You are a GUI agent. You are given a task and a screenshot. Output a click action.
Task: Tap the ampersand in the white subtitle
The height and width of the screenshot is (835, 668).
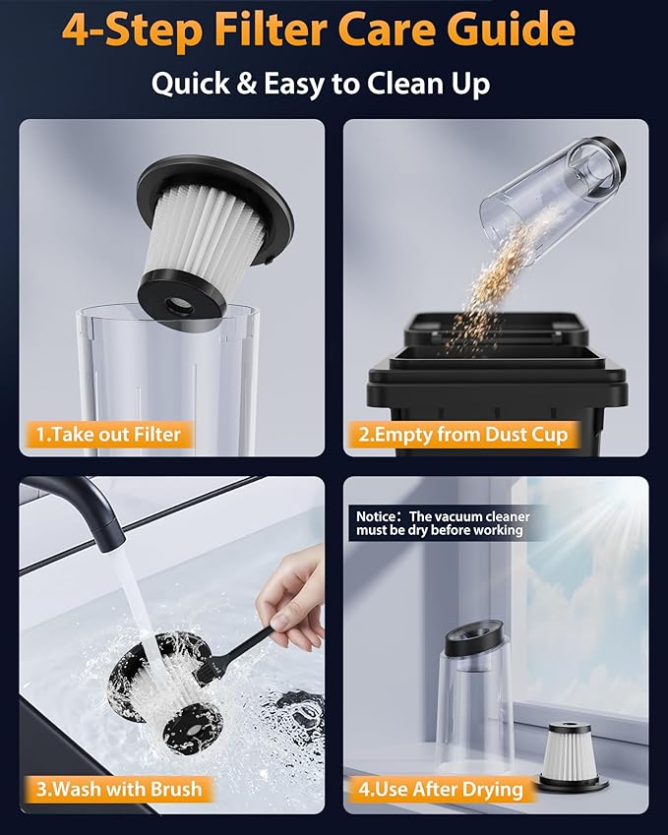245,84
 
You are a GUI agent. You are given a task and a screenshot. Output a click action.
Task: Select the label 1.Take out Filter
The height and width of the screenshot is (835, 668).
108,434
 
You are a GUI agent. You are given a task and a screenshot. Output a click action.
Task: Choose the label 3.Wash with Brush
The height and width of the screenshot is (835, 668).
119,789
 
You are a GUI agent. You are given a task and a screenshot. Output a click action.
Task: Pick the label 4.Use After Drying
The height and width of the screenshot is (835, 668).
441,789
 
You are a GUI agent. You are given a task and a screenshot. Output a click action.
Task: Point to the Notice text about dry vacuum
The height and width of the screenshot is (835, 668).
443,523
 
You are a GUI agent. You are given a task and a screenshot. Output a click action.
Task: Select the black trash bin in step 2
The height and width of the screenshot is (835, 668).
497,385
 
